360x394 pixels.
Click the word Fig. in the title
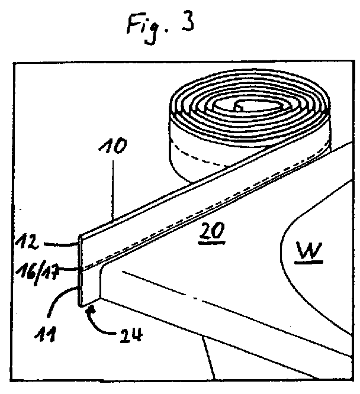(145, 24)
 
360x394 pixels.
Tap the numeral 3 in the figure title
(188, 22)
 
